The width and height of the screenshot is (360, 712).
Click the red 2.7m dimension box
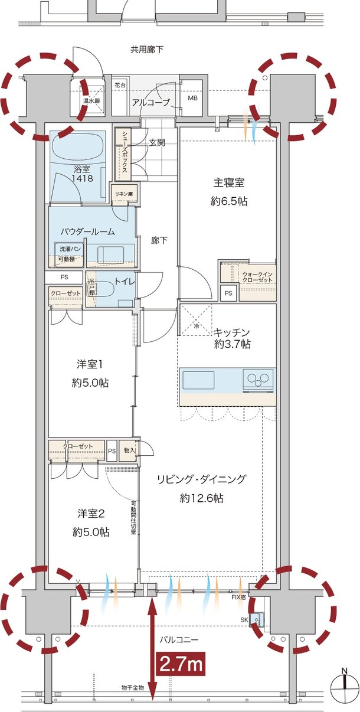181,664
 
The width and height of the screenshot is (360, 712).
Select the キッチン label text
232,332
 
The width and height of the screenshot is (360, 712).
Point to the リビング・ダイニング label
201,479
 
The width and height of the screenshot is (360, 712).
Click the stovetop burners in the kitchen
258,379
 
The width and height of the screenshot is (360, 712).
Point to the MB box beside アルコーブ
192,98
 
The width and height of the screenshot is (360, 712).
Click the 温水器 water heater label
92,100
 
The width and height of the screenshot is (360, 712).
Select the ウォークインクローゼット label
257,277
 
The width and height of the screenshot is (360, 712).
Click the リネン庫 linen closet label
125,193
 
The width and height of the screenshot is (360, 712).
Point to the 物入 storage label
129,452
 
